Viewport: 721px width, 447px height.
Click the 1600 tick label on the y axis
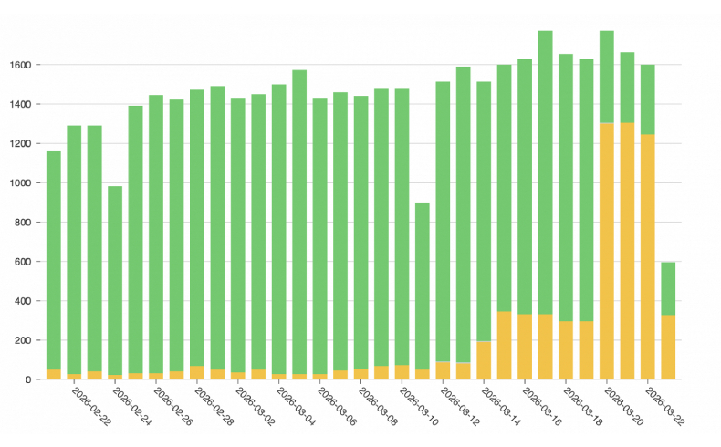tap(21, 65)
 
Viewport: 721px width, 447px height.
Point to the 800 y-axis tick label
tap(24, 223)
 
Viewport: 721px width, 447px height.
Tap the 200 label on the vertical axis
tap(24, 340)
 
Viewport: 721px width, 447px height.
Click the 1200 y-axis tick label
tap(21, 144)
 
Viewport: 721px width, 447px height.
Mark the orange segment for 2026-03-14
tap(504, 346)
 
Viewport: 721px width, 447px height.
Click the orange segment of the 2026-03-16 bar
tap(545, 347)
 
